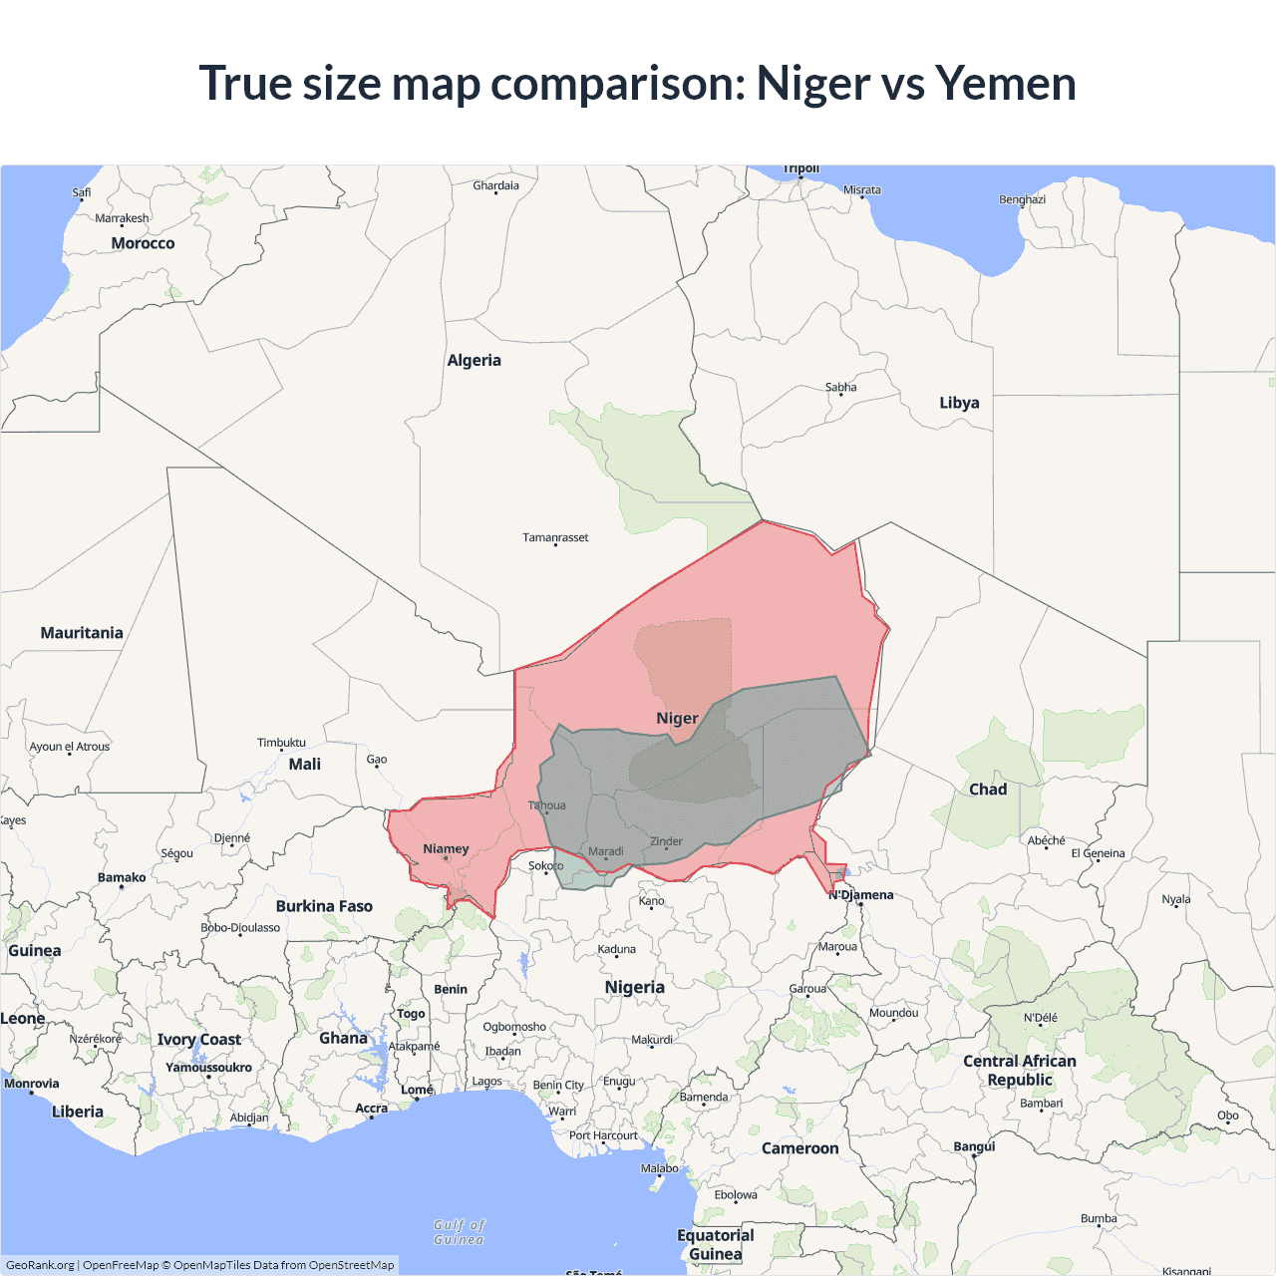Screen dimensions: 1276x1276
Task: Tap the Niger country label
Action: tap(677, 719)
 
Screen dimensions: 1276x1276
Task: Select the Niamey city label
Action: tap(446, 849)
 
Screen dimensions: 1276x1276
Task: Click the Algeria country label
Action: tap(474, 361)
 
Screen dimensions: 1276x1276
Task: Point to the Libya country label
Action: tap(959, 403)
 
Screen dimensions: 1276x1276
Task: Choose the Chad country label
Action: tap(988, 790)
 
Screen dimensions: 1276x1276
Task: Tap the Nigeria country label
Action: tap(634, 987)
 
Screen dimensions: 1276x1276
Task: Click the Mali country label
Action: tap(304, 765)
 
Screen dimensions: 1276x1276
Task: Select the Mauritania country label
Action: tap(82, 633)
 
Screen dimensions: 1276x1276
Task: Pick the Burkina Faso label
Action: tap(324, 906)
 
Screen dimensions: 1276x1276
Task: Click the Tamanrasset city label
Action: tap(555, 538)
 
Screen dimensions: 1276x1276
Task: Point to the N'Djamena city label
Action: tap(861, 895)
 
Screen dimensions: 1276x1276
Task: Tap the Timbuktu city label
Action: tap(281, 743)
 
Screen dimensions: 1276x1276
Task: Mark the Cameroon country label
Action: tap(799, 1148)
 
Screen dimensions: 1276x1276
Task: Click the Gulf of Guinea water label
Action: tap(459, 1232)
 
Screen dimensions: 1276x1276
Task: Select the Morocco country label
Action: tap(143, 243)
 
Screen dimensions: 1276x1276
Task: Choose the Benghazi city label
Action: tap(1022, 199)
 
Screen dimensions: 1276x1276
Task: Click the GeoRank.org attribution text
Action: tap(40, 1265)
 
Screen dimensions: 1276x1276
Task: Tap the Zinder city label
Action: tap(666, 841)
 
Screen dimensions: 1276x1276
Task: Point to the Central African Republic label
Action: tap(1019, 1071)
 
